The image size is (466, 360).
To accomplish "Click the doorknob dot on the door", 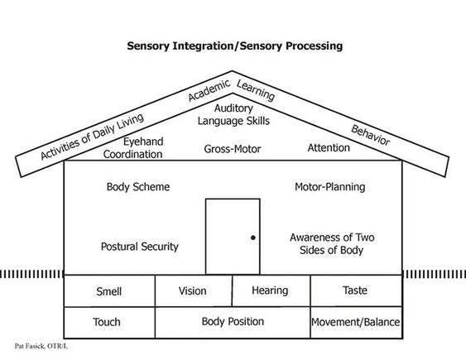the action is click(x=253, y=238).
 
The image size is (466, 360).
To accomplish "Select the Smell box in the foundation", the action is click(x=109, y=290).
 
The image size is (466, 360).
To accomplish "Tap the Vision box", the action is click(x=194, y=290).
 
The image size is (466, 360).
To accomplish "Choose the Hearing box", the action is click(x=271, y=290).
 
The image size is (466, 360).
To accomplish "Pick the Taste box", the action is click(x=357, y=290).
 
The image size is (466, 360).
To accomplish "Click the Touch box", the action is click(x=109, y=323).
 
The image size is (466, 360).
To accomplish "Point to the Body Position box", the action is click(x=233, y=323).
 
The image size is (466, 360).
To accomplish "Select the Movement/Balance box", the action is click(x=357, y=323).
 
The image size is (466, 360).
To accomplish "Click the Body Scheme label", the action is click(x=138, y=187).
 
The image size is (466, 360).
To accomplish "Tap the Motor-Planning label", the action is click(x=330, y=187).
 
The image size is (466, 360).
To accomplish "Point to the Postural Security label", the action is click(x=140, y=247).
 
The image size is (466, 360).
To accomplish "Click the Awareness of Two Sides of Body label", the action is click(x=332, y=243).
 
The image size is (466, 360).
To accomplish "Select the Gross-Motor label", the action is click(x=233, y=149).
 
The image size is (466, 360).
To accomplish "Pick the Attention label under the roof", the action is click(x=329, y=147).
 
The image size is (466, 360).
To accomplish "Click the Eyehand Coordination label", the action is click(x=133, y=147).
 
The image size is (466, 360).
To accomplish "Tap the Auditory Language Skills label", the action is click(x=233, y=115).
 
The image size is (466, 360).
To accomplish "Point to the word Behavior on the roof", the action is click(x=370, y=135).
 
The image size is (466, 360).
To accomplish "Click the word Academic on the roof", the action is click(x=209, y=90).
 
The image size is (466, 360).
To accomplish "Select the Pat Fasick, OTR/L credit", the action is click(x=41, y=346).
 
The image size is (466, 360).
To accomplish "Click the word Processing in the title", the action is click(x=315, y=46).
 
